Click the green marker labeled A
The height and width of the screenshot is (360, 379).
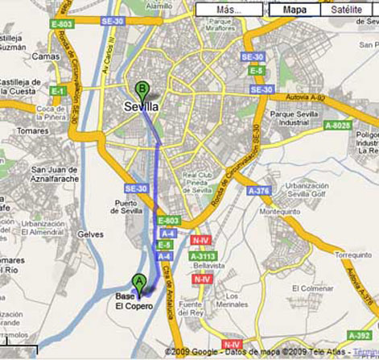tap(139, 282)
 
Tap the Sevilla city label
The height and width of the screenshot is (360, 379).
tap(142, 106)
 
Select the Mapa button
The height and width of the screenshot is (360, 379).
tap(295, 10)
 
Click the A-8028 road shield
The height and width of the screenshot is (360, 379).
tap(342, 125)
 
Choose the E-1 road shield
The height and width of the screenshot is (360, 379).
tap(57, 90)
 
